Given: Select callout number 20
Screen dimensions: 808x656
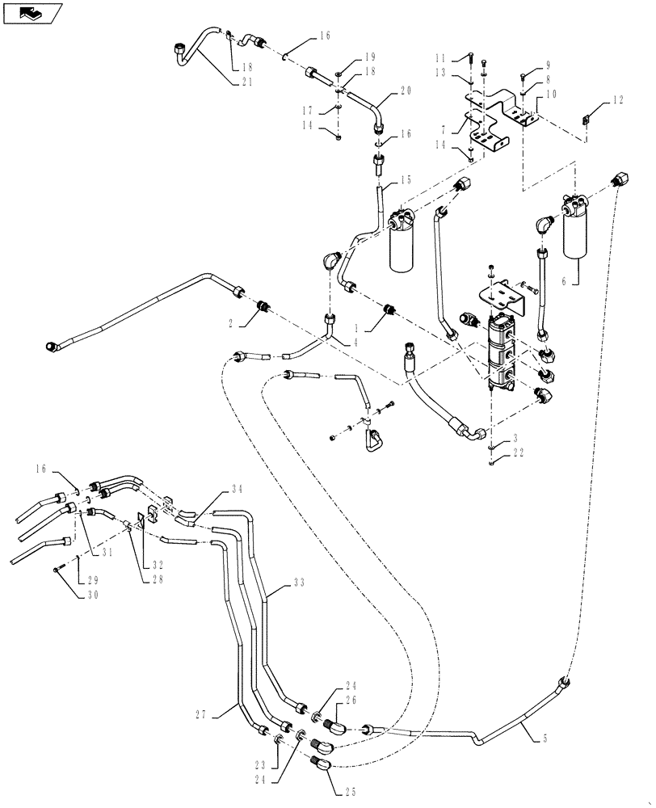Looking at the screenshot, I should pyautogui.click(x=404, y=91).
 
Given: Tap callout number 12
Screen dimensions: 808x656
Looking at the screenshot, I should pyautogui.click(x=618, y=100).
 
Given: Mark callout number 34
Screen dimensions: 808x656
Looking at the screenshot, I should pyautogui.click(x=236, y=489).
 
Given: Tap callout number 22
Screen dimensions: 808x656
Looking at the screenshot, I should pyautogui.click(x=519, y=453).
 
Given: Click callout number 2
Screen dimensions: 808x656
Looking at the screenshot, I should pyautogui.click(x=230, y=322).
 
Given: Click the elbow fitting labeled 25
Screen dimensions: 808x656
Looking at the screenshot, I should pyautogui.click(x=321, y=761).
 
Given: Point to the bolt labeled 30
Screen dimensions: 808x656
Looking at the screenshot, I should pyautogui.click(x=58, y=571).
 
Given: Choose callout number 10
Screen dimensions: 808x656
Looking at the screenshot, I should pyautogui.click(x=551, y=95).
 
